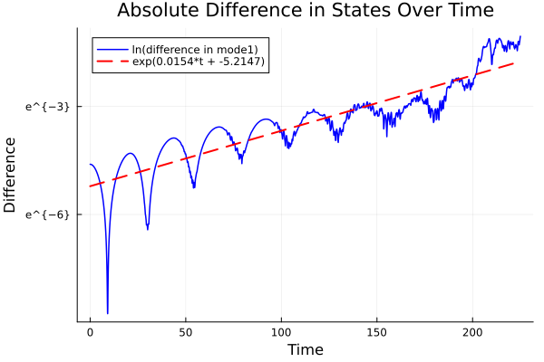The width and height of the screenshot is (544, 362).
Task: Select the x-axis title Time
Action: tap(305, 349)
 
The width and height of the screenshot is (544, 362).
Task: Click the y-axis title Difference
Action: tap(11, 175)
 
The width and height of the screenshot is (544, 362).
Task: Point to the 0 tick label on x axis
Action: tap(90, 333)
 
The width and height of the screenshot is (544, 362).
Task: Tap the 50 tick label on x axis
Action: tap(186, 333)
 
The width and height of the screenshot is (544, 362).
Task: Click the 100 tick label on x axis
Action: tap(282, 333)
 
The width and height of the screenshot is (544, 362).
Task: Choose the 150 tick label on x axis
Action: tap(377, 333)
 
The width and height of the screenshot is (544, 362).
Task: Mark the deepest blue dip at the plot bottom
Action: tap(107, 312)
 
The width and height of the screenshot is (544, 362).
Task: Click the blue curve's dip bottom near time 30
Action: tap(148, 229)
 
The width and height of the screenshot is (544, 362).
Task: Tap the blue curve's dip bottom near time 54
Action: tap(194, 187)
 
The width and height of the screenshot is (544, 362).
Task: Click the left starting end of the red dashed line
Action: tap(90, 186)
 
